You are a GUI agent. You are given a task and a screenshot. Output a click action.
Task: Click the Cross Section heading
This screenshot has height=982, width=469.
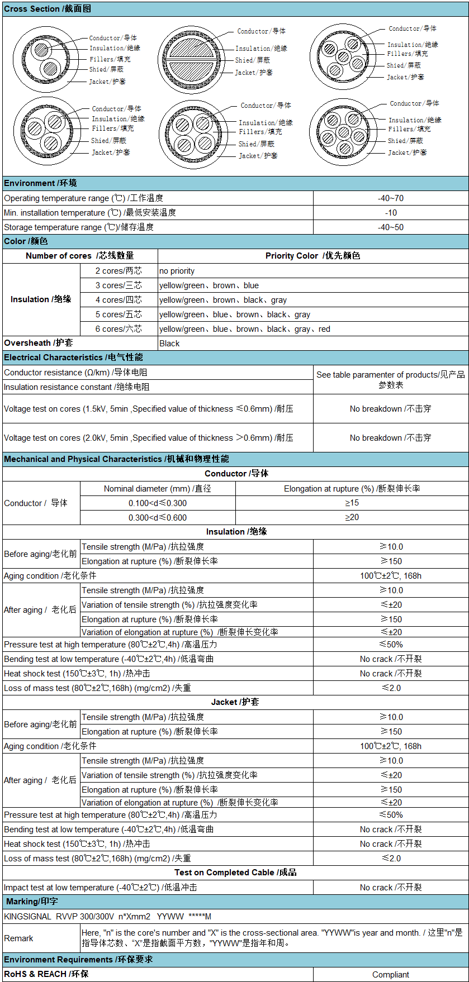click(x=48, y=9)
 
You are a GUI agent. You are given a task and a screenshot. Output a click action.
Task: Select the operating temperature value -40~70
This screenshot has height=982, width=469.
click(x=391, y=198)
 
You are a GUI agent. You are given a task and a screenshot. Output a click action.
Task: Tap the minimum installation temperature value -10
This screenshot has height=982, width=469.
click(x=391, y=213)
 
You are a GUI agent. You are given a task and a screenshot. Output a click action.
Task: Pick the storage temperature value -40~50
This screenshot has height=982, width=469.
click(x=391, y=227)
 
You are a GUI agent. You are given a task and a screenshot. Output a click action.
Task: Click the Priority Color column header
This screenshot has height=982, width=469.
click(x=312, y=256)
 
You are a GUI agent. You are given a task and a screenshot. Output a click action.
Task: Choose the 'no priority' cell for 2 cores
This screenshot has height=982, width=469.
click(x=177, y=271)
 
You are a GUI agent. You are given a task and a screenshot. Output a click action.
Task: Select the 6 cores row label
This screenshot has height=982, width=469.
click(x=119, y=329)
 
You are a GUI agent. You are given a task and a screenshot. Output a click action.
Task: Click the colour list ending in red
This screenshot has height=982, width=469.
click(x=245, y=329)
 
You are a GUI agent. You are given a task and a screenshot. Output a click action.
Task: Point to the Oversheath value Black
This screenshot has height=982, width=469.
click(x=169, y=344)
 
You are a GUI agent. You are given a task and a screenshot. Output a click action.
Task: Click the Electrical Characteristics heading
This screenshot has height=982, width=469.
click(x=73, y=357)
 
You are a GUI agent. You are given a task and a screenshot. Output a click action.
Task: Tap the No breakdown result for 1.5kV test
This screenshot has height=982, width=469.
click(x=391, y=409)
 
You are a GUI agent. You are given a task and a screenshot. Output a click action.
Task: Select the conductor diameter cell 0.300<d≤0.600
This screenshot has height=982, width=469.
click(x=158, y=518)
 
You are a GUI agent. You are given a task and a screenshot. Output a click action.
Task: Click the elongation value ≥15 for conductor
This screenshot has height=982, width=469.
click(x=352, y=503)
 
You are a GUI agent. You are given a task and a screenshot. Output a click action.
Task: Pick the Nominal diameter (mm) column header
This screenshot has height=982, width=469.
click(x=158, y=489)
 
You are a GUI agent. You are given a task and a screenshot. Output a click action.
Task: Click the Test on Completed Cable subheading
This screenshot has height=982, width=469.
click(x=235, y=873)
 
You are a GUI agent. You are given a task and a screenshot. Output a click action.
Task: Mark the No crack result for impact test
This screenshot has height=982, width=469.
click(x=391, y=888)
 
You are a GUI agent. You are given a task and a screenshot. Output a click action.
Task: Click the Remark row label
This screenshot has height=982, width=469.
click(x=19, y=938)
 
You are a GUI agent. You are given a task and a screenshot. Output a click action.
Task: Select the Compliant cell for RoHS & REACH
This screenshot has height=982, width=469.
click(x=391, y=975)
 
